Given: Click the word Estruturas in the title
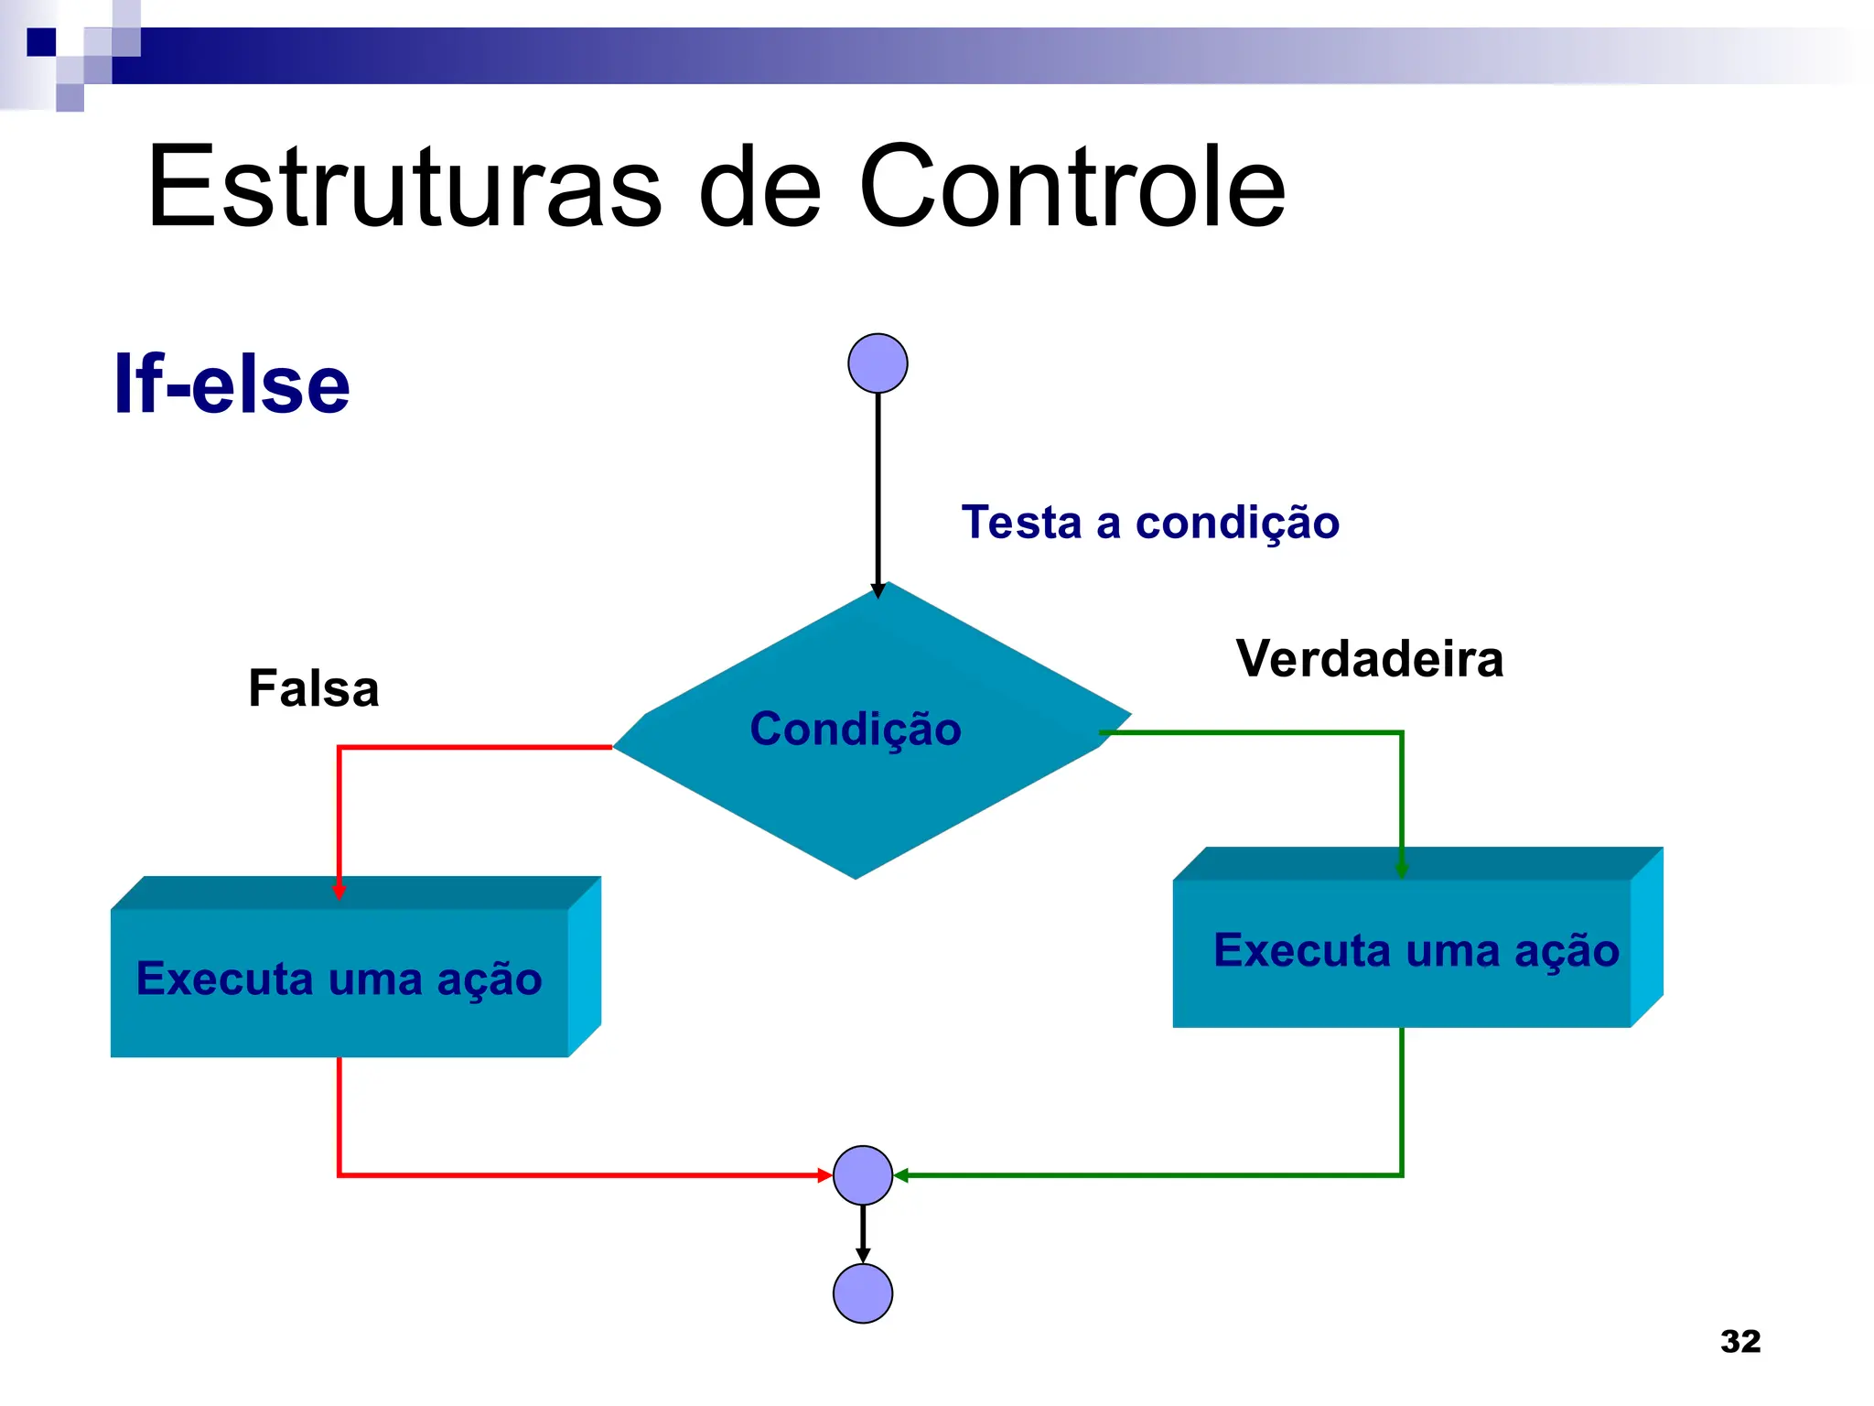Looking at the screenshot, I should pos(403,188).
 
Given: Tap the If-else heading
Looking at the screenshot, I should pos(232,384).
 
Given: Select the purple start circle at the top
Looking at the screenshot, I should pos(878,363).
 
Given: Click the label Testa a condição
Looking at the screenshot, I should pos(1150,523).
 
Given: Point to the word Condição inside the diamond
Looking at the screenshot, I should pos(856,730).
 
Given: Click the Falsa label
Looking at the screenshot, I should pos(313,688).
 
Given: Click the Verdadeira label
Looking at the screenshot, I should pos(1369,659).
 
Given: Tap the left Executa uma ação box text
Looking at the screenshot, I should pos(339,979).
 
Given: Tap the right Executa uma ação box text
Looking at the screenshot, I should pos(1416,950).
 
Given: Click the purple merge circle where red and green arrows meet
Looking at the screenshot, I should pos(863,1175).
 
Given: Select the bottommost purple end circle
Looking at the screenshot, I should pos(863,1293).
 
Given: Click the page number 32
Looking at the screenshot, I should pos(1740,1341).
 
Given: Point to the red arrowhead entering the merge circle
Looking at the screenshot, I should pos(824,1175).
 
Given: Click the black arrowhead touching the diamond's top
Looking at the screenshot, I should pos(878,590).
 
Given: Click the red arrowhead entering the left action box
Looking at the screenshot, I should pos(339,892).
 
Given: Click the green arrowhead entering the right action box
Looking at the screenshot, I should pos(1401,870).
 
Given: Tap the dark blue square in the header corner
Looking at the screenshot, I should pos(41,42).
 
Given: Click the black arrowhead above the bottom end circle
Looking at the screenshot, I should pos(863,1255).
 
